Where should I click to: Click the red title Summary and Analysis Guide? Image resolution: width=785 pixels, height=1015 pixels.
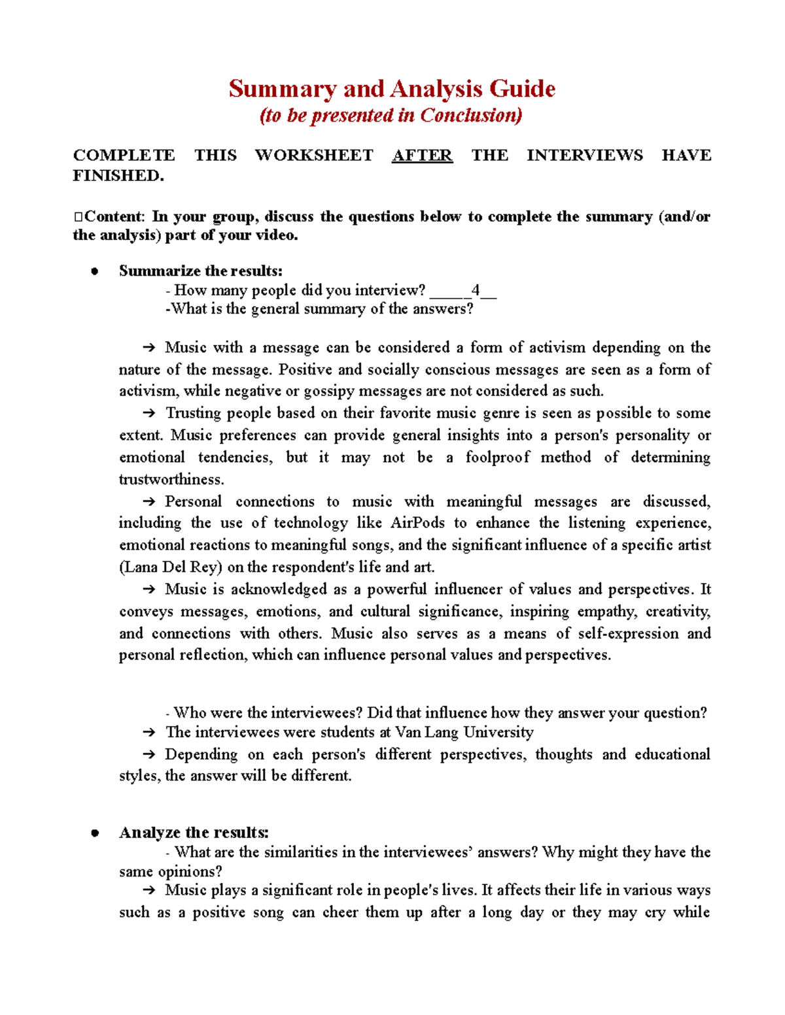coord(392,88)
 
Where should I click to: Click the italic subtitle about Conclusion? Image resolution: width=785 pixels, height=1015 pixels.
coord(391,116)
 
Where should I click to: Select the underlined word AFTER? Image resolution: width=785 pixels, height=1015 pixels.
coord(422,156)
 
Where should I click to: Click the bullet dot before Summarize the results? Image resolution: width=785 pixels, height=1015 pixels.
coord(95,271)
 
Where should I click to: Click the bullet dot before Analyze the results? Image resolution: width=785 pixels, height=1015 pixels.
coord(95,833)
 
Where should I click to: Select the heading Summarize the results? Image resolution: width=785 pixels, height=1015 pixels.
coord(201,271)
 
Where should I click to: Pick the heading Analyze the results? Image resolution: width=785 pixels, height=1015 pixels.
coord(194,832)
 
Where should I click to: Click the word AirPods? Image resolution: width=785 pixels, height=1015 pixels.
coord(417,523)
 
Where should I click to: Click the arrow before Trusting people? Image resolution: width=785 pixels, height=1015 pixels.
coord(148,413)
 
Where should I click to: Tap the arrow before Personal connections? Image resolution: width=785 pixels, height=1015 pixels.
coord(148,501)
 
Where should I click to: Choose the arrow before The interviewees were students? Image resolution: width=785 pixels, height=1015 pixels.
coord(148,732)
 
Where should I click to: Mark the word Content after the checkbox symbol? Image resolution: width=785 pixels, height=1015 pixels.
coord(113,216)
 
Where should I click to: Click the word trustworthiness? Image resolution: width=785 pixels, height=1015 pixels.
coord(171,479)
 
